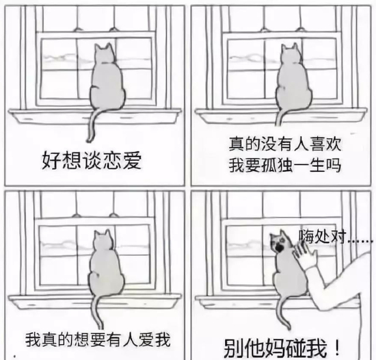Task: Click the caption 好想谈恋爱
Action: pos(92,160)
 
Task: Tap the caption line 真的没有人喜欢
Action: pos(285,144)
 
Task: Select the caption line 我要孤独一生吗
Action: pos(285,166)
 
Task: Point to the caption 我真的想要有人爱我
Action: pos(98,339)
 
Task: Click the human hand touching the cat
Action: pos(305,255)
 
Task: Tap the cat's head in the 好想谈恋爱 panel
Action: pos(104,53)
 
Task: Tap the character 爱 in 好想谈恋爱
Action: pos(132,160)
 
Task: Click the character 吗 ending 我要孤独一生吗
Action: pos(334,166)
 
